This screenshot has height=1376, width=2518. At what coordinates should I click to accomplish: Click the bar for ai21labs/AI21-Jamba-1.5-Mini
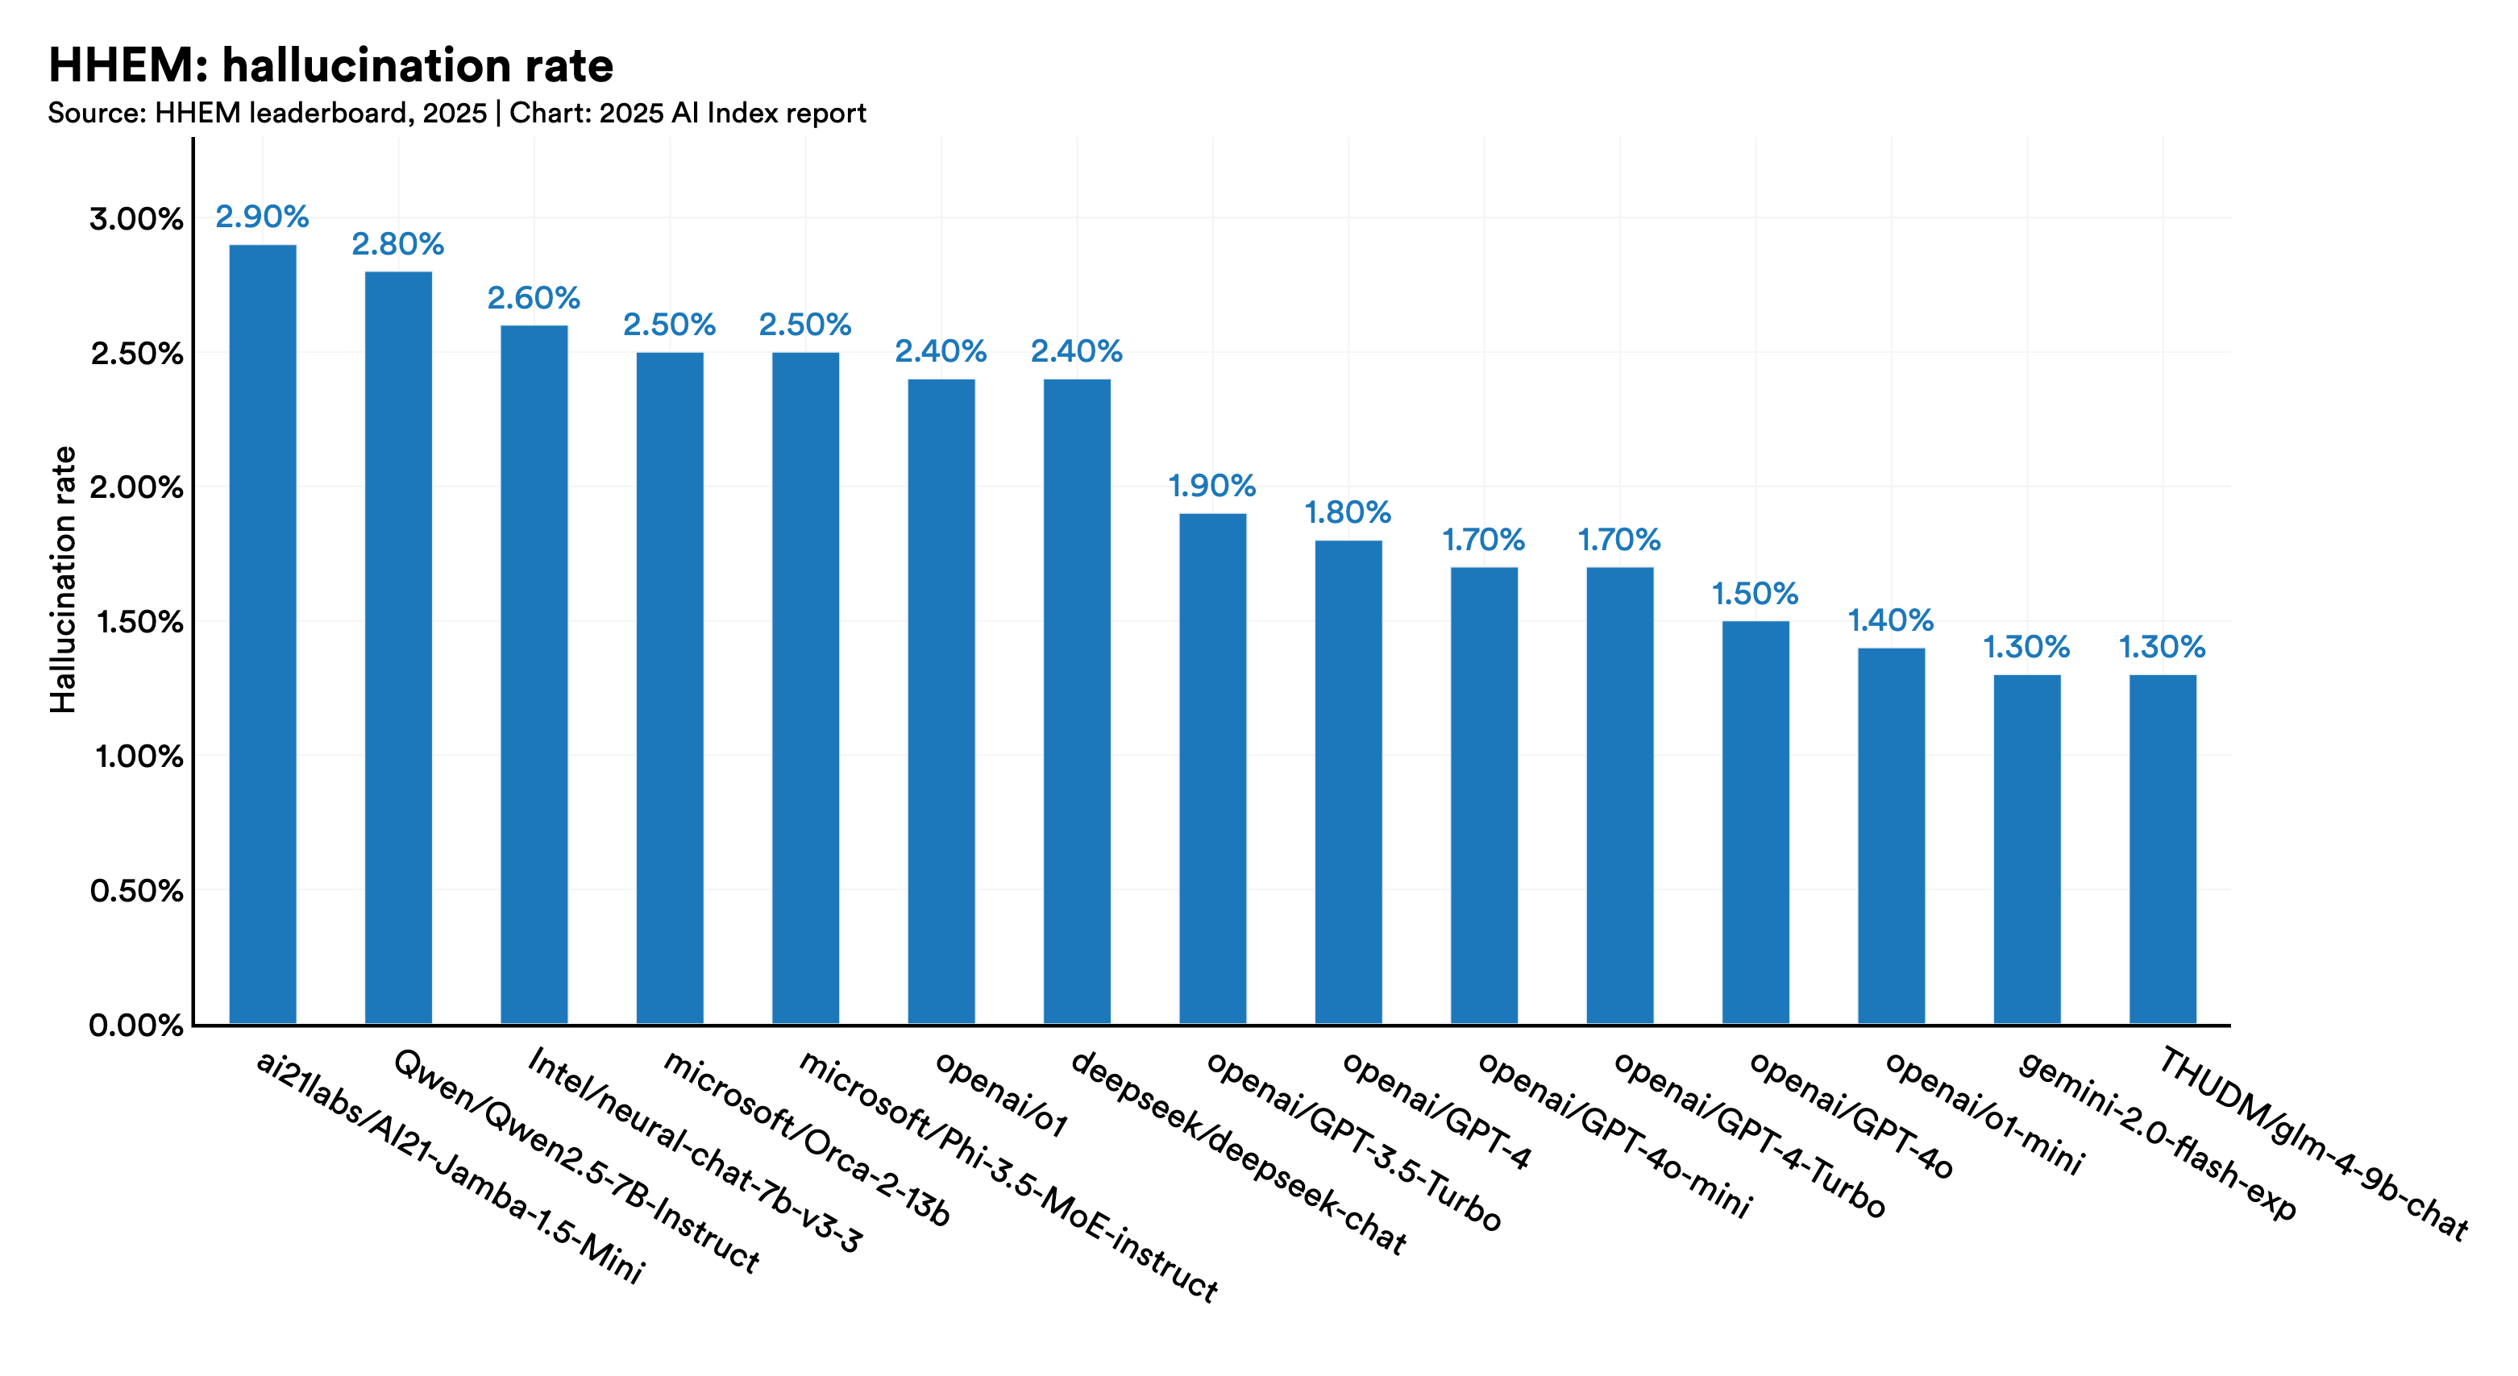(262, 635)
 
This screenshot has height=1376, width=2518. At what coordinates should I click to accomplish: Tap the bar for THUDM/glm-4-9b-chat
(2163, 849)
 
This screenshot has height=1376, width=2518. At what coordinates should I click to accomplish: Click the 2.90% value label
(262, 217)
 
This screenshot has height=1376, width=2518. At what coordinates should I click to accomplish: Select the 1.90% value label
(1212, 486)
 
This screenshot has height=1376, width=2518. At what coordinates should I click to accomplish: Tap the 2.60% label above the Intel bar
(534, 298)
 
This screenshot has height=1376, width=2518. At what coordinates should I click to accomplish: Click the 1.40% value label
(1890, 620)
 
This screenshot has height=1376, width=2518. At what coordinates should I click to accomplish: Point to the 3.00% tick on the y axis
(137, 219)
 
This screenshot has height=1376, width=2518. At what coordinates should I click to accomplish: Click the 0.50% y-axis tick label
(137, 891)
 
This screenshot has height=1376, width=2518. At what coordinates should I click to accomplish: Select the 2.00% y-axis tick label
(137, 487)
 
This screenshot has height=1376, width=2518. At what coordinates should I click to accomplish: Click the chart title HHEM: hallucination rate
(330, 66)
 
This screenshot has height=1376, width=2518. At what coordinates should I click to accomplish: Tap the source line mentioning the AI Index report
(456, 114)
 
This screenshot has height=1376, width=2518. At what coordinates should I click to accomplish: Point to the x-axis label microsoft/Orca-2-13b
(807, 1138)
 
